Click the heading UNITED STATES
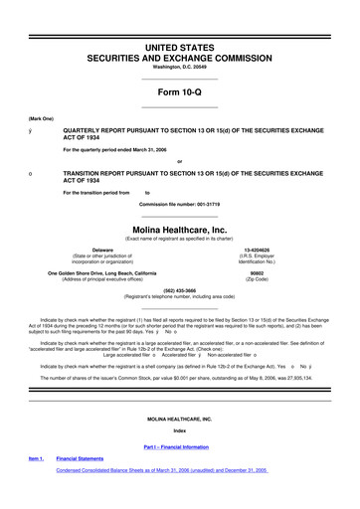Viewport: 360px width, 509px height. (179, 19)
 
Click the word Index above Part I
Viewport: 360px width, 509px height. (179, 458)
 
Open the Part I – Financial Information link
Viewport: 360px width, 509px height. (179, 475)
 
